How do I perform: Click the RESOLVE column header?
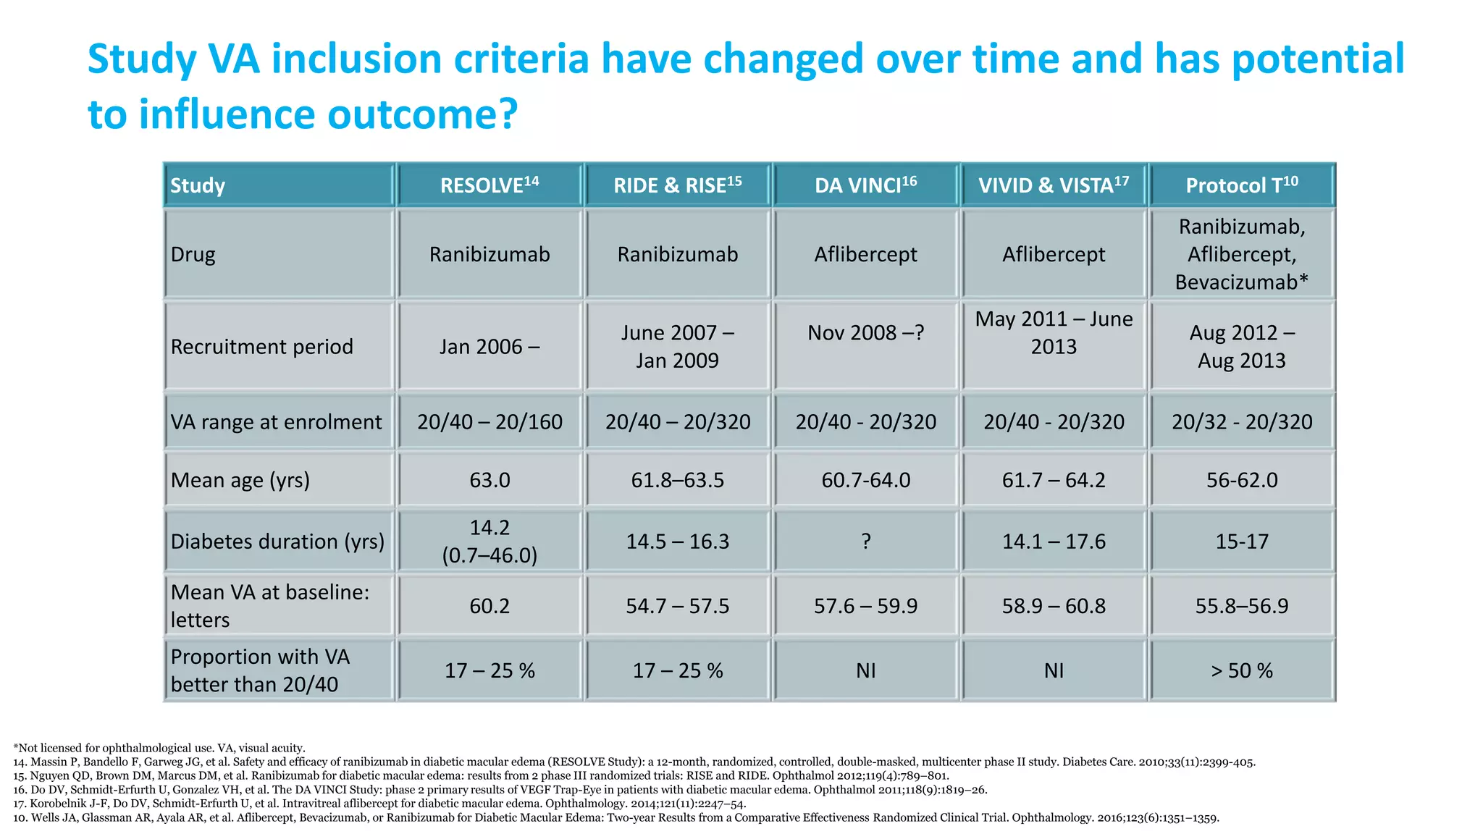(x=490, y=185)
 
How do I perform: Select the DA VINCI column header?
(x=865, y=185)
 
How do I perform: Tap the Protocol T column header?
(x=1241, y=185)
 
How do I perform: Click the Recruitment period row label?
(x=261, y=347)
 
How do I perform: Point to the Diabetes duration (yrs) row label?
(x=277, y=542)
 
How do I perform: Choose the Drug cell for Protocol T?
(x=1241, y=254)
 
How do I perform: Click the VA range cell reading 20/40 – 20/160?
(x=490, y=422)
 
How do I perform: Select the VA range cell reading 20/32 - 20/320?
(x=1241, y=422)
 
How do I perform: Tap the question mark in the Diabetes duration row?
(x=866, y=542)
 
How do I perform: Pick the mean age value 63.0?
(x=490, y=480)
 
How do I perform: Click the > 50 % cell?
(x=1241, y=670)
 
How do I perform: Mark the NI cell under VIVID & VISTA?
(x=1054, y=670)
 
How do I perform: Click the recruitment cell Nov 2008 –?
(x=865, y=333)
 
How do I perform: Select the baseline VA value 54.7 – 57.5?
(x=678, y=606)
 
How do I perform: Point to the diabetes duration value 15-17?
(x=1241, y=542)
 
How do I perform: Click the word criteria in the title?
(x=521, y=59)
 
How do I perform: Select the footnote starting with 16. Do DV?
(x=500, y=790)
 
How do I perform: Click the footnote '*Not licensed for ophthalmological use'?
(x=159, y=748)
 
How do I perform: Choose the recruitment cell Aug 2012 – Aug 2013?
(x=1241, y=347)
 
